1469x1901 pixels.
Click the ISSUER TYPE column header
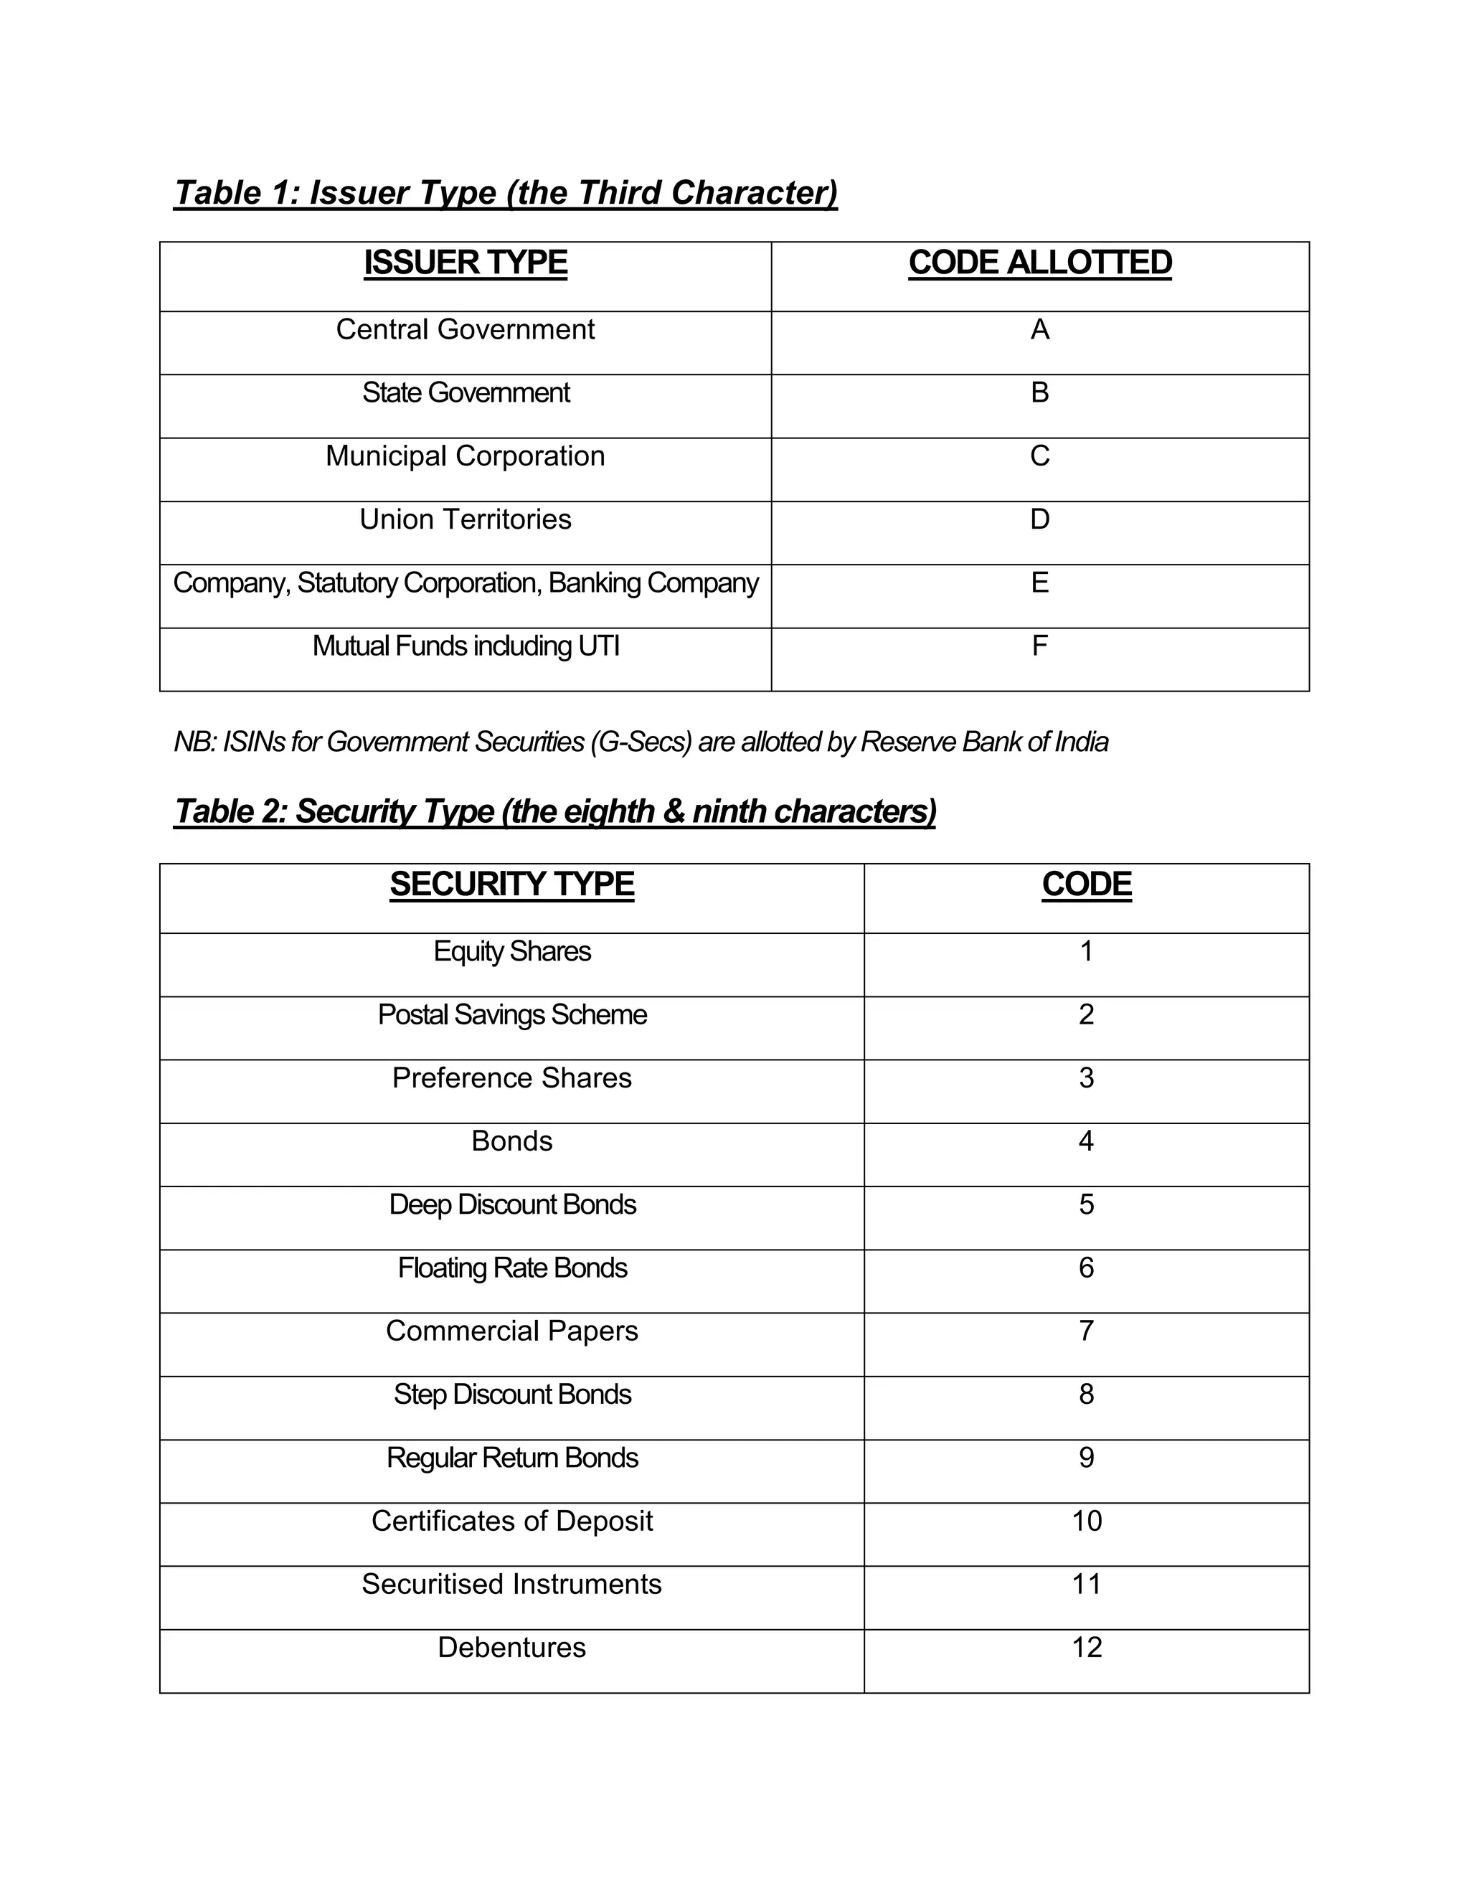[465, 263]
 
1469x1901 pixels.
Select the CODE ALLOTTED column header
[1039, 263]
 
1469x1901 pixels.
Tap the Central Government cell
[465, 330]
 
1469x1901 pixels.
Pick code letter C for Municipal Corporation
[1039, 456]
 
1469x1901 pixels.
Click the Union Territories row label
[465, 519]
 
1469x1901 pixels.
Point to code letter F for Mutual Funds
[1039, 646]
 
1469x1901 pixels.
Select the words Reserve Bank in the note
[940, 742]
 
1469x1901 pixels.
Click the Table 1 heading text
[505, 192]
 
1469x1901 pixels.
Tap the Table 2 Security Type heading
[554, 811]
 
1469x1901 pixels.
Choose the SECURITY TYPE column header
[511, 885]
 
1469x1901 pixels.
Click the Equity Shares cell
[511, 951]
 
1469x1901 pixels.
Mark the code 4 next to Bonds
[1085, 1141]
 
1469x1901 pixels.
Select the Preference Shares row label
[511, 1078]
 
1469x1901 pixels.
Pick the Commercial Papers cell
[511, 1331]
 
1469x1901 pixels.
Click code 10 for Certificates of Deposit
[1086, 1521]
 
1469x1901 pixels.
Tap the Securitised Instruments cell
[511, 1584]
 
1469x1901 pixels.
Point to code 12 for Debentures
[1086, 1648]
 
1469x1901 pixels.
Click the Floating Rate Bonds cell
[511, 1268]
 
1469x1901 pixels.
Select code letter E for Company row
[1039, 583]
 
